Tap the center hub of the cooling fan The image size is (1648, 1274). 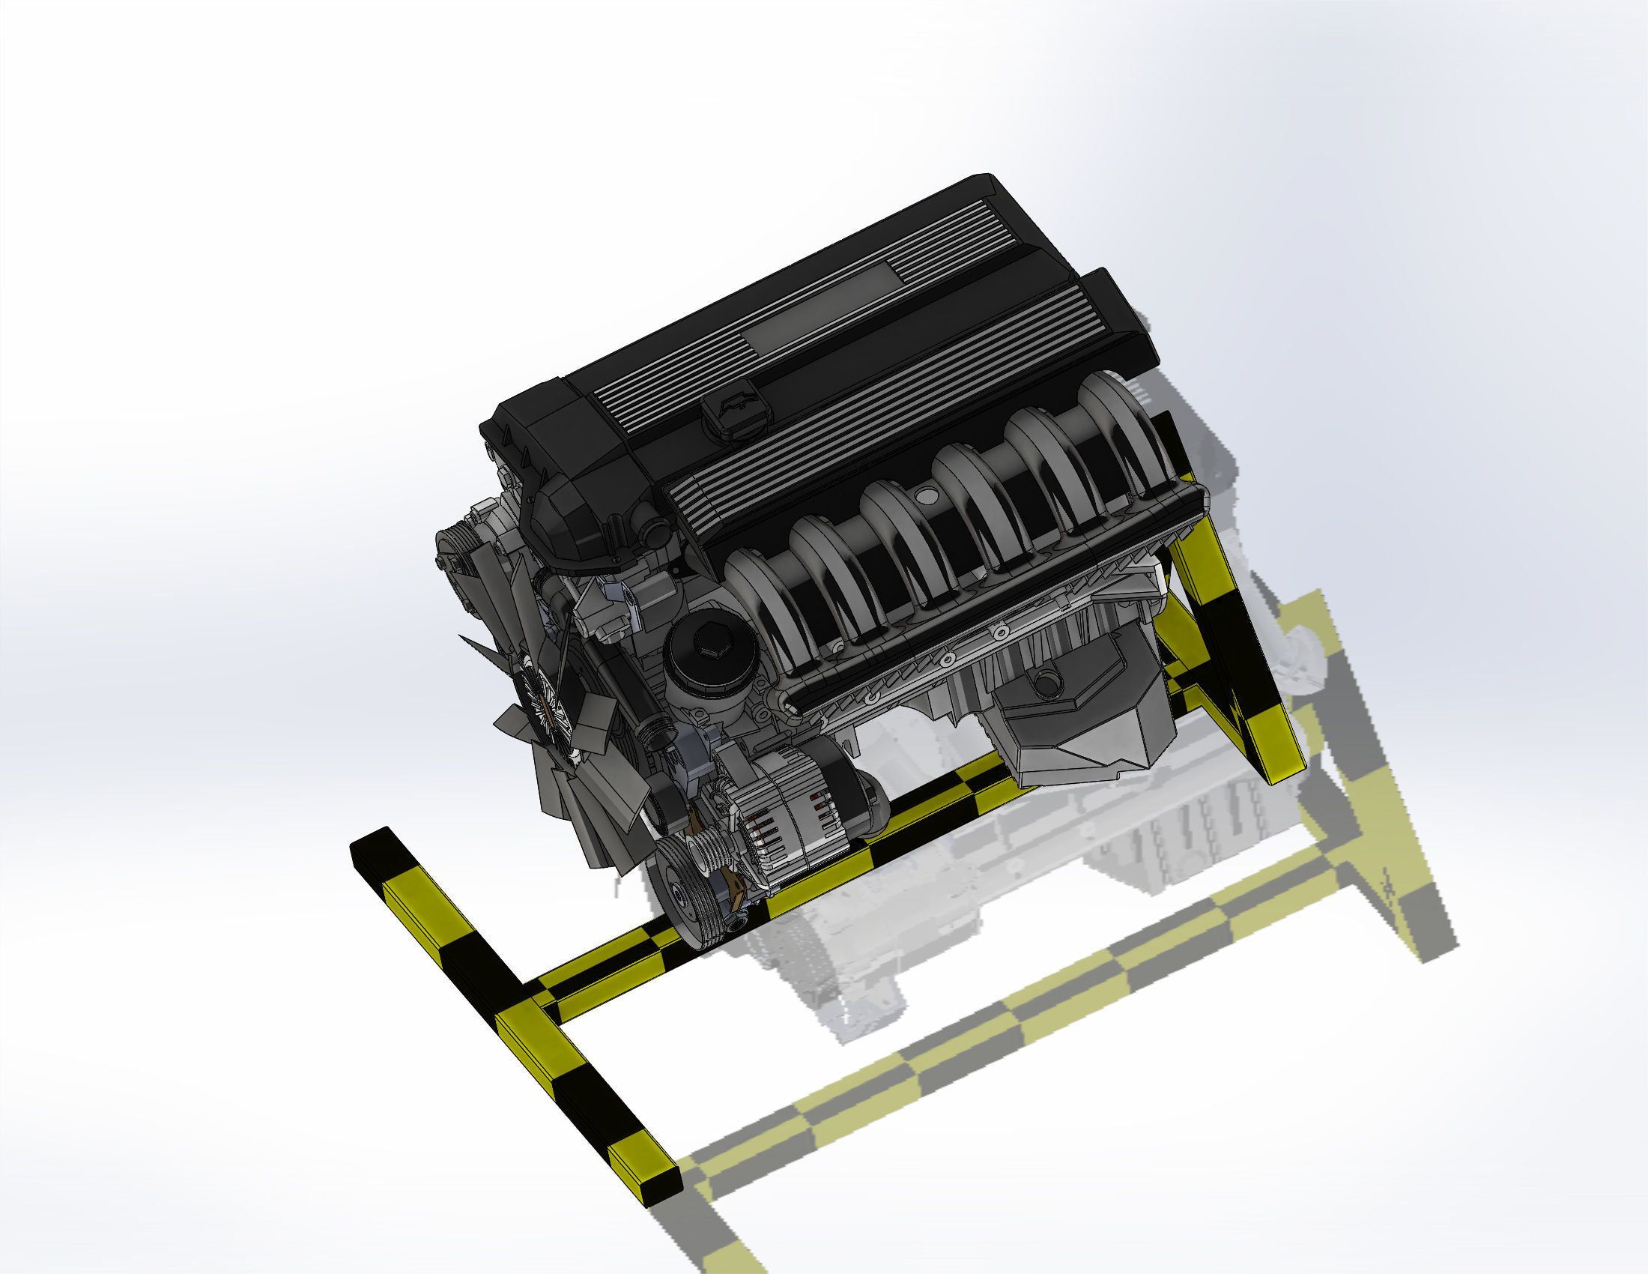545,702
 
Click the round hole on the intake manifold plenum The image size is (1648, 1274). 926,495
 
